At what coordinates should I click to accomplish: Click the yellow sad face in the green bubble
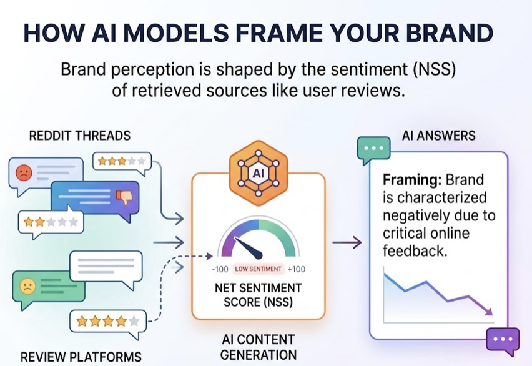pos(27,287)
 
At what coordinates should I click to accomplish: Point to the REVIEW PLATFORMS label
pos(81,357)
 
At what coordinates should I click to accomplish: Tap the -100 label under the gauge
pos(219,269)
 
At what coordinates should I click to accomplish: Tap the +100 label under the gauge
pos(297,269)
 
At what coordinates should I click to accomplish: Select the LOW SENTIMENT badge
pos(258,269)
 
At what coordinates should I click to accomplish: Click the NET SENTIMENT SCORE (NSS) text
pos(258,295)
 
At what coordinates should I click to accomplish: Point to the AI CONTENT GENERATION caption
pos(258,347)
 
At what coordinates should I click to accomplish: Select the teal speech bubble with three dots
pos(373,150)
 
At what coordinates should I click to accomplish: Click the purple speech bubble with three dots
pos(502,339)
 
